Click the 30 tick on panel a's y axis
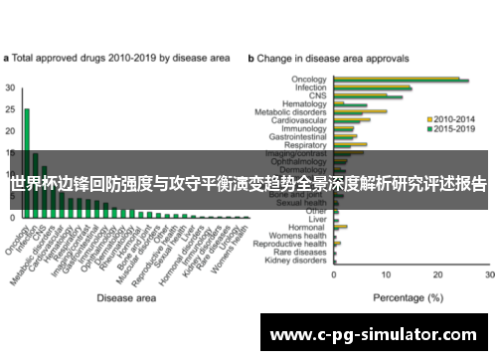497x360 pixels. (x=10, y=88)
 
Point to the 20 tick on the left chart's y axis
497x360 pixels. (x=10, y=130)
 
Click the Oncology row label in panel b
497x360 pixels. (x=309, y=80)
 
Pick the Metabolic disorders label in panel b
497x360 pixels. (x=296, y=112)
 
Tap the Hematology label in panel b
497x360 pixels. (x=305, y=102)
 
